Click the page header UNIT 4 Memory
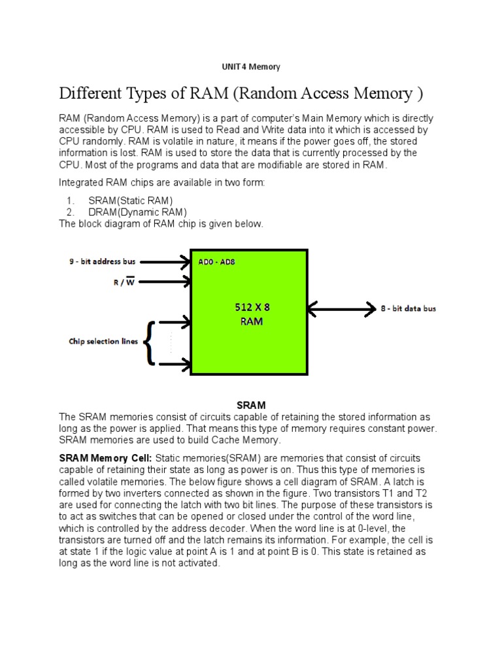(251, 67)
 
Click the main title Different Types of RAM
(241, 94)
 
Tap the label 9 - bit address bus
(103, 261)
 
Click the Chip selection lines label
(103, 341)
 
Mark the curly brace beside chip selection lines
(150, 342)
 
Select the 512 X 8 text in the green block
(252, 306)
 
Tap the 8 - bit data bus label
(409, 307)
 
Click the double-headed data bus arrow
(340, 307)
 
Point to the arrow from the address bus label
(165, 262)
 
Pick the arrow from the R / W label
(165, 282)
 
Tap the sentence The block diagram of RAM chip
(161, 224)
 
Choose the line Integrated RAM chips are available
(162, 183)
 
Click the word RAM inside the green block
(252, 321)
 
